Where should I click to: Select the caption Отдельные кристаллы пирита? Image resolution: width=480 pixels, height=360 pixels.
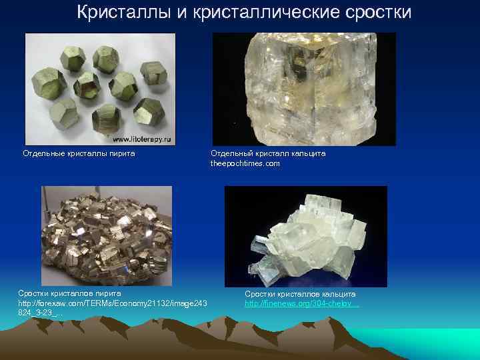click(79, 153)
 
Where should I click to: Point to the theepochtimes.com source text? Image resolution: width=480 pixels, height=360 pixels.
click(245, 163)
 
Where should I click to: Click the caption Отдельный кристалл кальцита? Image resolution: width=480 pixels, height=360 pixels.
click(268, 153)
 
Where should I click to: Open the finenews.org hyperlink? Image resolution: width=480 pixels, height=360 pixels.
click(302, 303)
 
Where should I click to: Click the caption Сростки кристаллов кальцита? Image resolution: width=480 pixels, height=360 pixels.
click(300, 293)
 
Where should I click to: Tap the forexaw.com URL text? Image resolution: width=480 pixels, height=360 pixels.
click(113, 303)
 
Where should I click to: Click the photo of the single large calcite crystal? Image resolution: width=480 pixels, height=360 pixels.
click(303, 89)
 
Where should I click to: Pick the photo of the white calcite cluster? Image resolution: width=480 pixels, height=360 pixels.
click(305, 236)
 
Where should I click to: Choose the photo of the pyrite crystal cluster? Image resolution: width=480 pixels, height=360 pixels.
click(106, 236)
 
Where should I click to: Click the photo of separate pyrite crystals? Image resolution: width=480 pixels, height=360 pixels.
click(100, 89)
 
